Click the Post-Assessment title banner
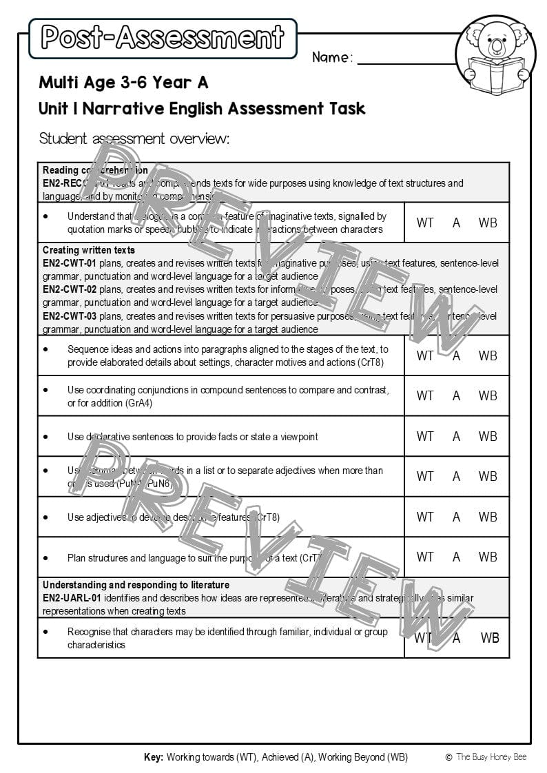click(x=163, y=38)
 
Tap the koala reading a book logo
click(x=495, y=56)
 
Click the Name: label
click(x=332, y=57)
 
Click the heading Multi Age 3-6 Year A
click(x=123, y=83)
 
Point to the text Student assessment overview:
click(x=134, y=138)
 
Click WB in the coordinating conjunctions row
click(x=488, y=396)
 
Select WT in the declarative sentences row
click(x=425, y=436)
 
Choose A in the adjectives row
click(x=456, y=517)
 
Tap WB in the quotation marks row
click(x=488, y=223)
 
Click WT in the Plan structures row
click(x=425, y=557)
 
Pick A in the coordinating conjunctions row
click(x=456, y=396)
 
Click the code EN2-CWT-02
click(x=70, y=289)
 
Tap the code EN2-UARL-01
click(x=72, y=598)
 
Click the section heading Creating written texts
click(x=89, y=250)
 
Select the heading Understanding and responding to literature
click(x=136, y=585)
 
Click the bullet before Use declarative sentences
click(x=45, y=437)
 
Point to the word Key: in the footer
click(x=154, y=757)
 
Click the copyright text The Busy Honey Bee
click(x=491, y=757)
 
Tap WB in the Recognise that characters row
click(x=490, y=638)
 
